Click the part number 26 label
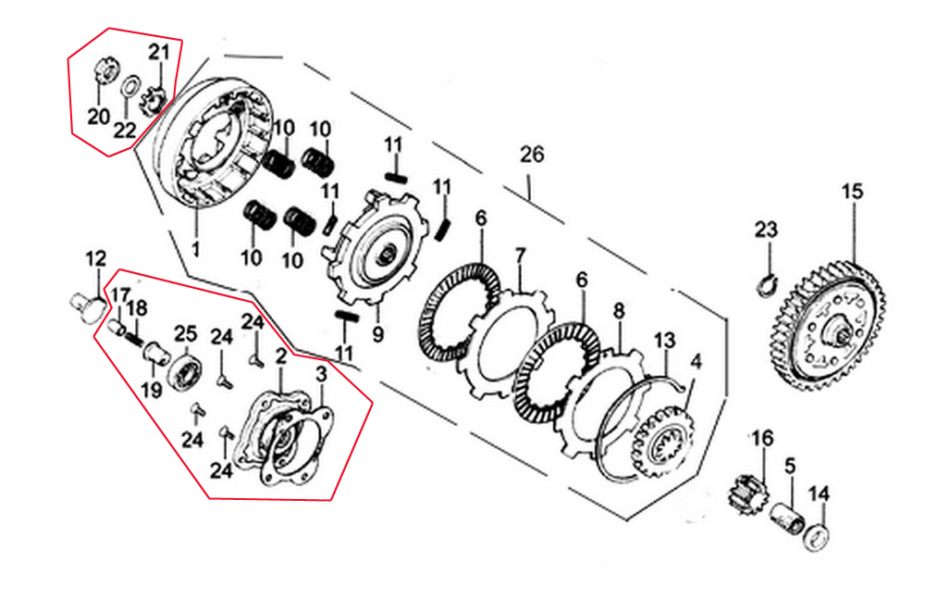pos(532,154)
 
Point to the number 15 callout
pos(851,192)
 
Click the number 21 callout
pos(159,52)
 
